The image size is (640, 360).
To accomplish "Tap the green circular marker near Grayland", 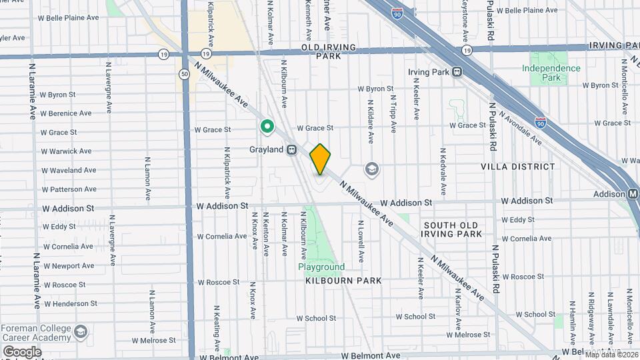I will pos(267,125).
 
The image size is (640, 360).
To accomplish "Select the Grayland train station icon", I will pos(292,150).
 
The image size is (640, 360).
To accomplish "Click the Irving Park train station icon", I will pos(457,72).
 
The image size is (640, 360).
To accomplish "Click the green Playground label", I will pos(321,267).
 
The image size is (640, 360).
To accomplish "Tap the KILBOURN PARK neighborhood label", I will pos(343,281).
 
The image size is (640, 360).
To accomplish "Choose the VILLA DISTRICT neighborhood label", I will pos(526,167).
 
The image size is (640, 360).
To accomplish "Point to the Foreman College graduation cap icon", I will pos(81,331).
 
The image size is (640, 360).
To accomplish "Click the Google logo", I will pos(22,351).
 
